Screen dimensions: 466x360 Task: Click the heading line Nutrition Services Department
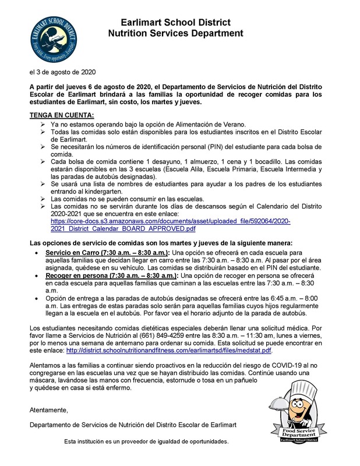[x=175, y=34]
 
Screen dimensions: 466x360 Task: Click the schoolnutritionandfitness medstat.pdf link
[x=170, y=351]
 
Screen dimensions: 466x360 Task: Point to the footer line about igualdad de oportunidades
[x=146, y=442]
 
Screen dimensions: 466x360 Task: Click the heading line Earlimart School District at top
[x=175, y=22]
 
